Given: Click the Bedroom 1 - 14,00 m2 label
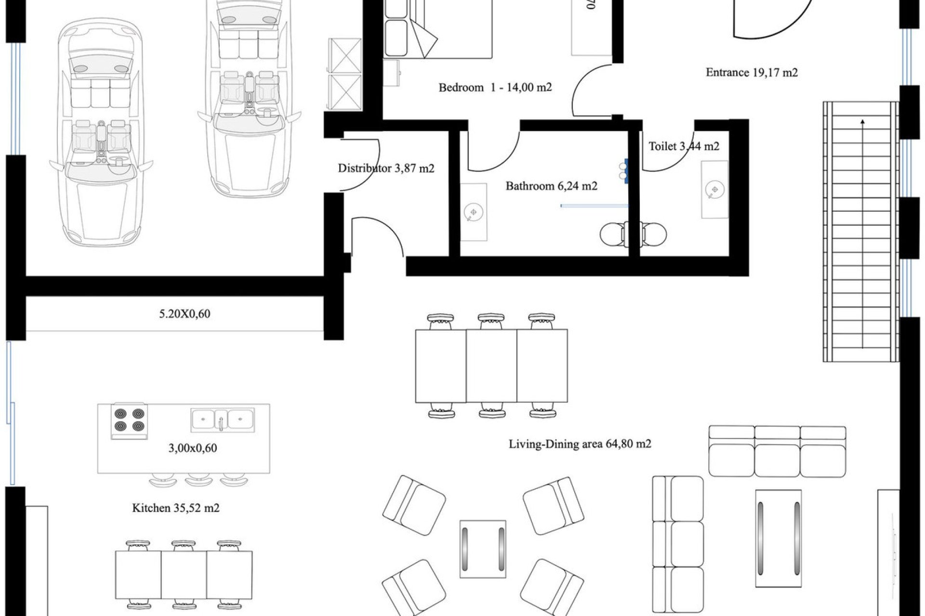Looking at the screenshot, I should click(495, 88).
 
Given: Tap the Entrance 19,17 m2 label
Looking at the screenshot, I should click(752, 73).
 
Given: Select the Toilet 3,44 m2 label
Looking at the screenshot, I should click(684, 146).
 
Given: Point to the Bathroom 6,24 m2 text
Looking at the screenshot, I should click(551, 186).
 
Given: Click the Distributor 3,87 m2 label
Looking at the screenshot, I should click(386, 168).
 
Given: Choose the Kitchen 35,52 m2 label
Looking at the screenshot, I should click(176, 508).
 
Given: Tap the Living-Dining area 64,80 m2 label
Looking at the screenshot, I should click(580, 444).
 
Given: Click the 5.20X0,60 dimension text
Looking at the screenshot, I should click(185, 314).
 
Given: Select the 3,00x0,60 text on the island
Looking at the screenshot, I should click(193, 449).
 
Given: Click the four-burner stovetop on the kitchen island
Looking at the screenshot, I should click(129, 420).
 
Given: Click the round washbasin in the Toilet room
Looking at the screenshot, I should click(714, 189).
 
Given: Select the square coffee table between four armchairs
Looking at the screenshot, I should click(483, 549).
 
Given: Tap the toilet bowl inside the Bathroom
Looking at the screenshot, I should click(613, 235).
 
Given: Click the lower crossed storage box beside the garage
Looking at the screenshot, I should click(344, 92).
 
